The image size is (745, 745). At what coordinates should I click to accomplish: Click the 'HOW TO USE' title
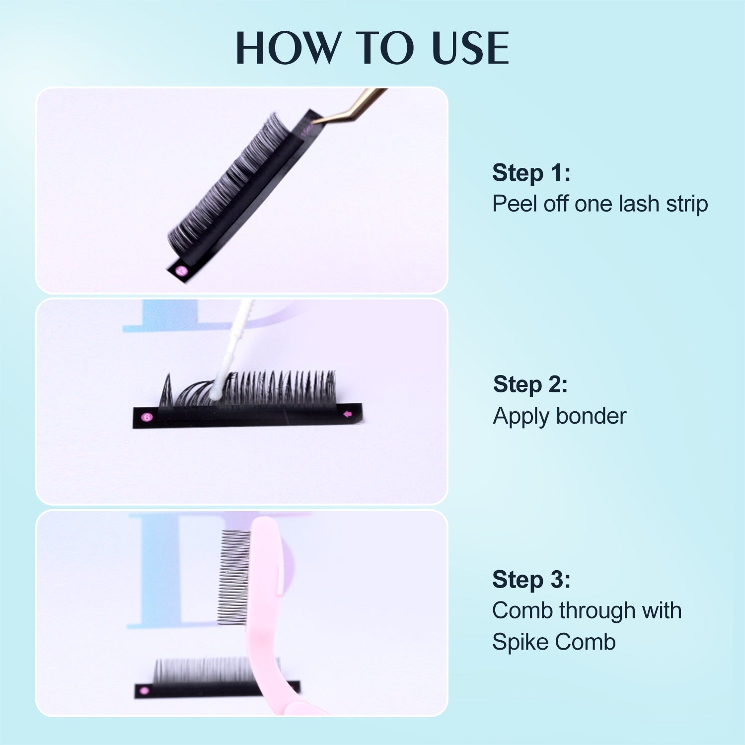(372, 48)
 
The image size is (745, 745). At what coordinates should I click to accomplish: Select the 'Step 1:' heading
(531, 173)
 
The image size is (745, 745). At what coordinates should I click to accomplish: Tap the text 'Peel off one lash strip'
(599, 204)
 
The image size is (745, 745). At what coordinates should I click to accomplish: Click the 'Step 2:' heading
(530, 384)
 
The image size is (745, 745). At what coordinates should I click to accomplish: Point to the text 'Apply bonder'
(559, 416)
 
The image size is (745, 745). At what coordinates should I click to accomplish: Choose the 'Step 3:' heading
(531, 580)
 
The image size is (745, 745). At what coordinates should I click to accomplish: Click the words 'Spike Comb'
(553, 642)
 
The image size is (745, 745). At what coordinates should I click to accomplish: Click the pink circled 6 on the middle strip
(147, 417)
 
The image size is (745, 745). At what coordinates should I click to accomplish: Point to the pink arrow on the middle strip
(348, 414)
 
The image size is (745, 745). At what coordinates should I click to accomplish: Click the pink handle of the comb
(268, 621)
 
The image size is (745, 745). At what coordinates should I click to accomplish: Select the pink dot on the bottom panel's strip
(145, 690)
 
